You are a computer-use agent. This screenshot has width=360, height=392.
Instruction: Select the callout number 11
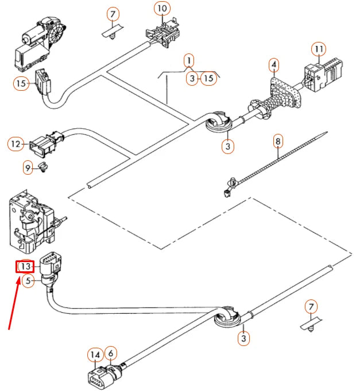(x=319, y=50)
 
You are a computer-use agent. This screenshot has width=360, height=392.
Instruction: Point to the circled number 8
(x=278, y=140)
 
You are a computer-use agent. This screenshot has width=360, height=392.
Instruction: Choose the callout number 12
(x=15, y=143)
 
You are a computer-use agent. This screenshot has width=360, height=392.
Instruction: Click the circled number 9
(x=28, y=168)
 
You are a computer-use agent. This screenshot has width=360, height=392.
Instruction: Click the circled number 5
(x=28, y=281)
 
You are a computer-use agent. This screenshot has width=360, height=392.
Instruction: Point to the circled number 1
(x=189, y=60)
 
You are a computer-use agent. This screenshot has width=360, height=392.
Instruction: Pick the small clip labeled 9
(x=46, y=168)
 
